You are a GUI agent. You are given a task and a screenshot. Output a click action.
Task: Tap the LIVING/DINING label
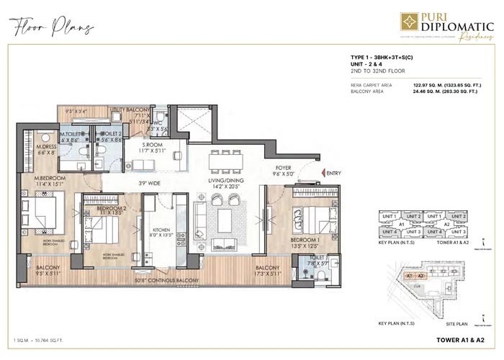click(x=224, y=182)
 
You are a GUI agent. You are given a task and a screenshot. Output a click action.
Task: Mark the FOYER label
click(x=282, y=171)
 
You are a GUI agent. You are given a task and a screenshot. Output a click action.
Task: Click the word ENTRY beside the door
click(x=333, y=174)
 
